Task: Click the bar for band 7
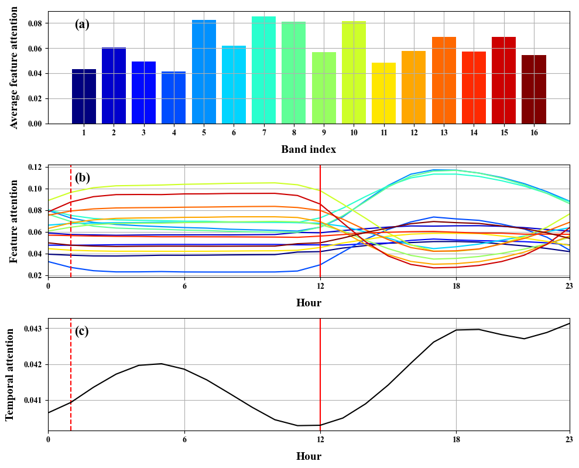(x=263, y=70)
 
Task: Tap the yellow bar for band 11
(x=383, y=93)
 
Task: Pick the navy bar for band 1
(x=84, y=97)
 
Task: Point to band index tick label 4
(x=174, y=133)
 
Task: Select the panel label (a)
(x=82, y=24)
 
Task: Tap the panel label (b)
(x=82, y=177)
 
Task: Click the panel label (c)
(x=82, y=331)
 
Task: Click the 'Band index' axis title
(x=309, y=149)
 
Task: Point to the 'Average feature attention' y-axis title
(x=14, y=67)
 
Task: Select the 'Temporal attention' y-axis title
(x=10, y=374)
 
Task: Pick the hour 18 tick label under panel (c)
(x=456, y=439)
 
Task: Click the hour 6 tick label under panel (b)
(x=184, y=285)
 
